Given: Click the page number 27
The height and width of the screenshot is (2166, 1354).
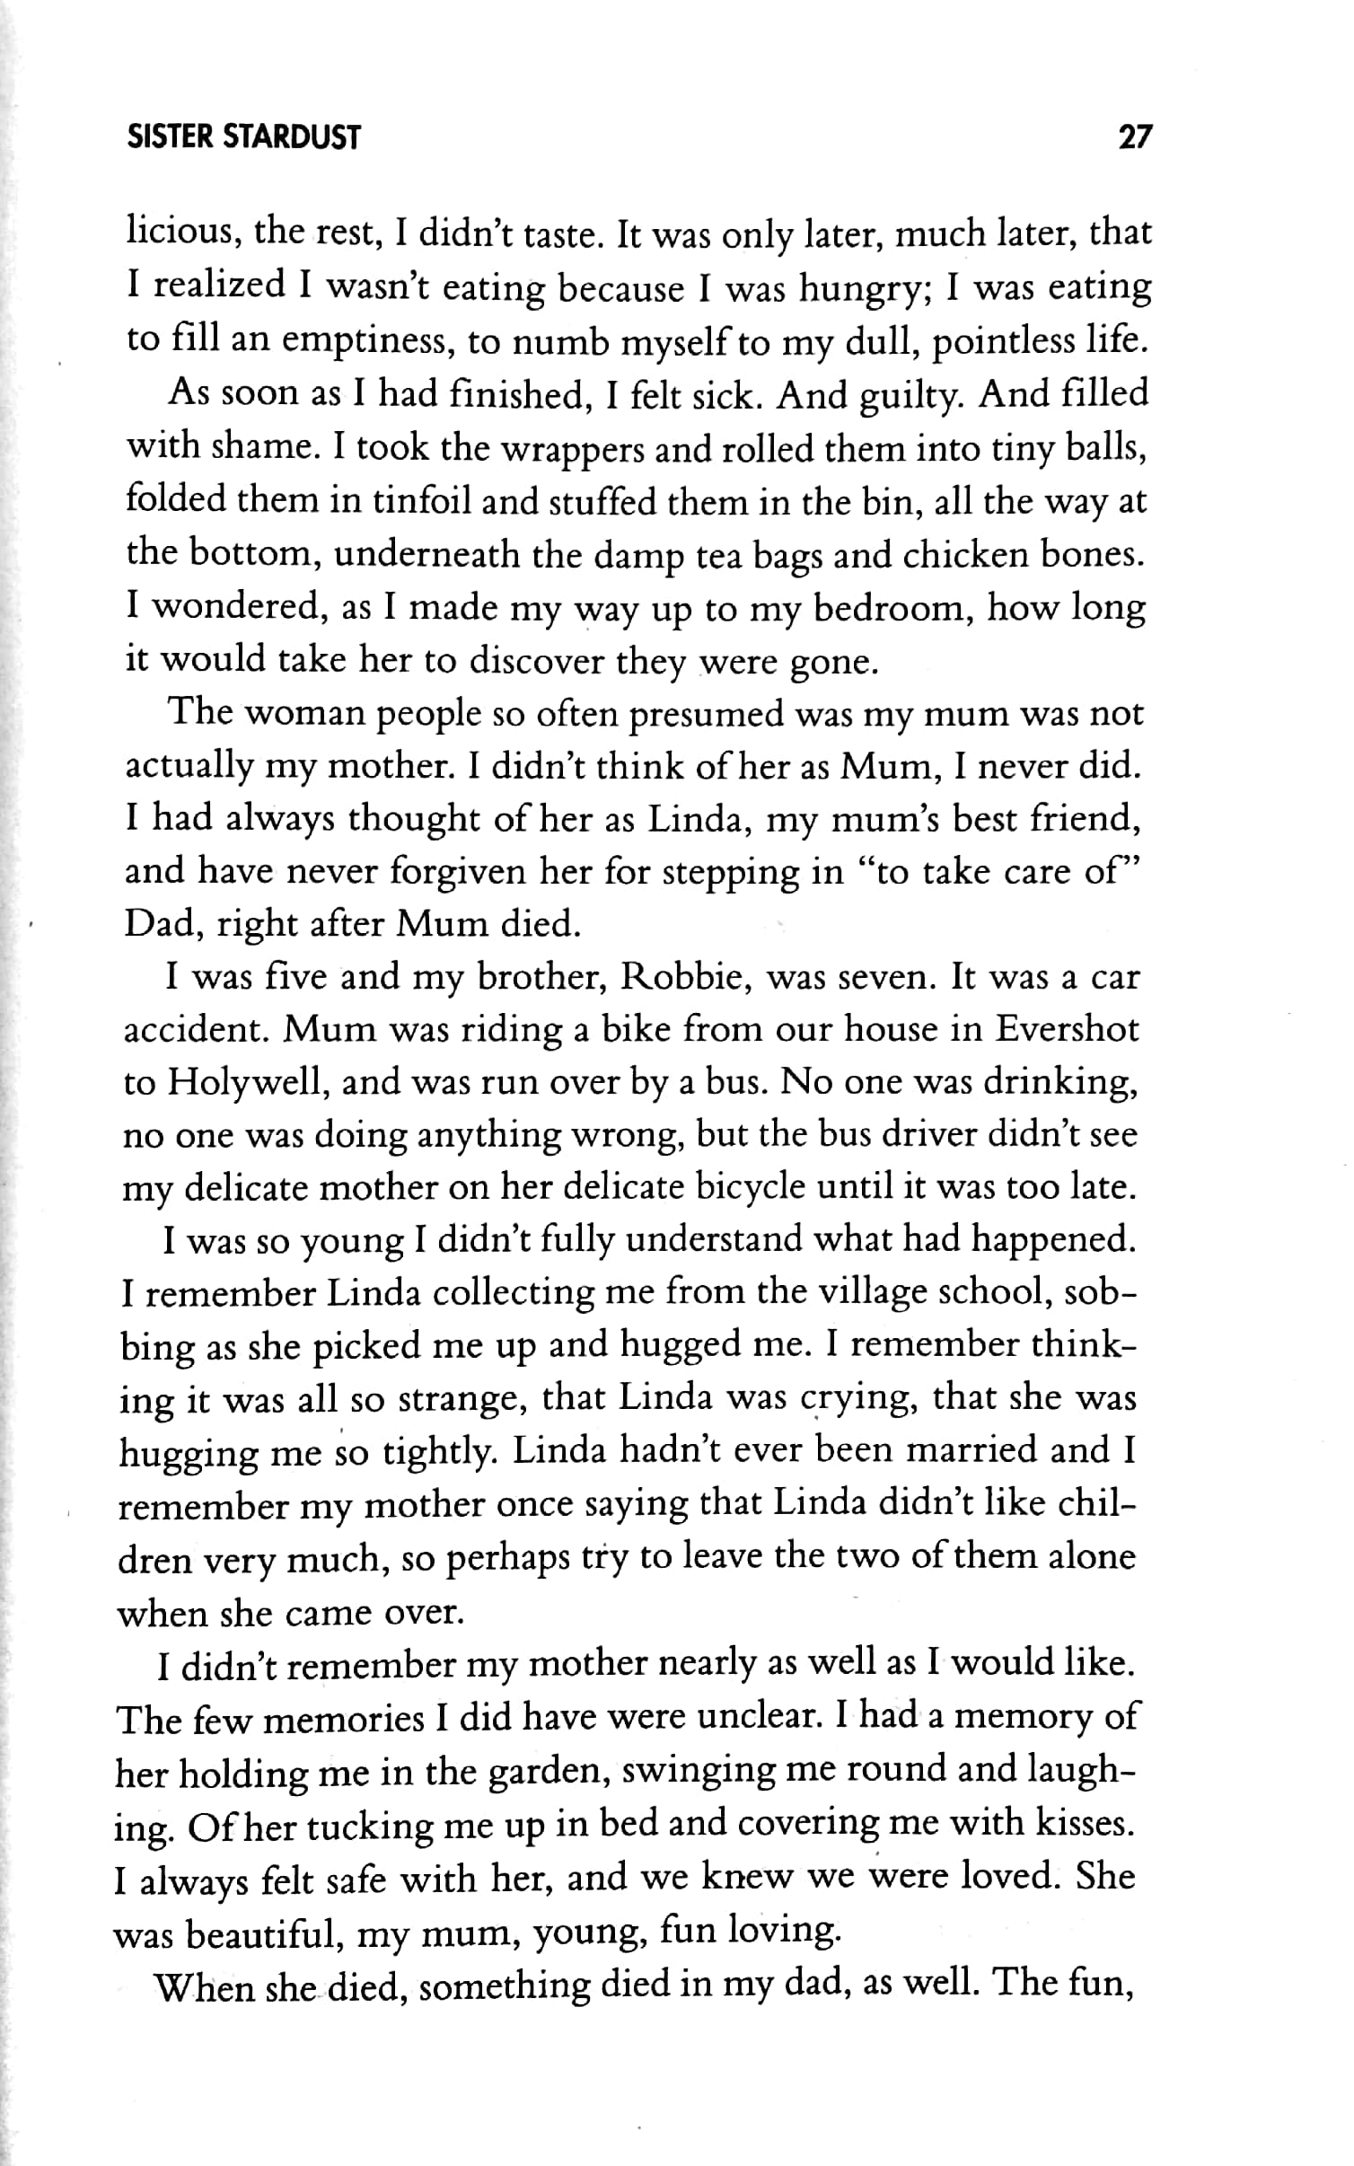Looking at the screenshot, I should coord(1133,136).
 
